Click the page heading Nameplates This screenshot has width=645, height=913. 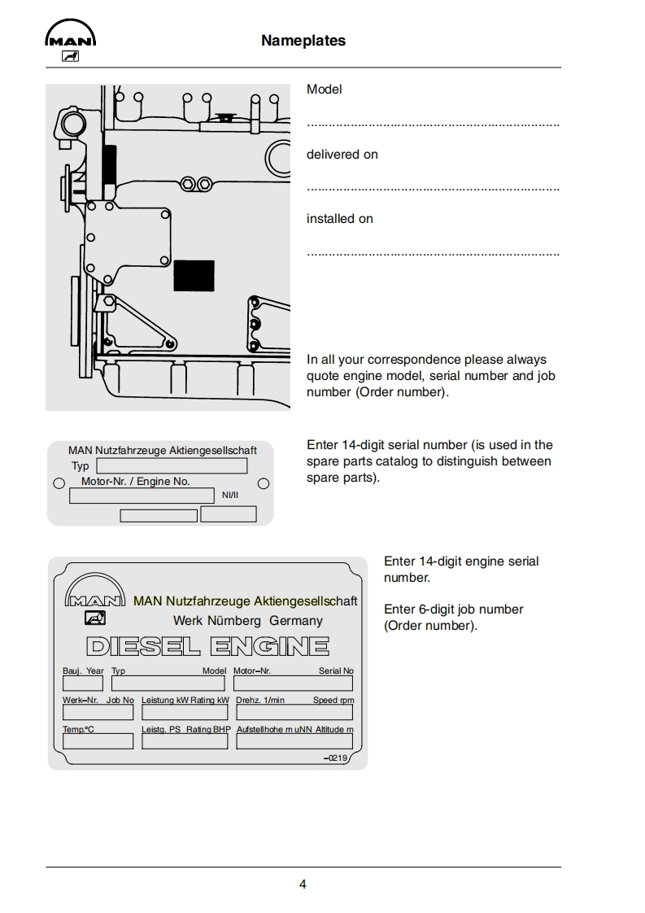tap(303, 41)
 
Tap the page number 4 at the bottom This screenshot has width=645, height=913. tap(303, 885)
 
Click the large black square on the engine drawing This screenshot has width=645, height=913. tap(194, 276)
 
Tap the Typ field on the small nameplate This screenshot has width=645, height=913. tap(172, 466)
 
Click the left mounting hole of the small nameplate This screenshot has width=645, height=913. tap(59, 483)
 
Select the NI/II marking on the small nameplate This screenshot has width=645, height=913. tap(230, 495)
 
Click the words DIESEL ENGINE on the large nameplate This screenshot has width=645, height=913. tap(207, 647)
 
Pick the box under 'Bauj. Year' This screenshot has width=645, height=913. tap(83, 684)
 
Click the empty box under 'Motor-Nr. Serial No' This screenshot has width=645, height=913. tap(293, 684)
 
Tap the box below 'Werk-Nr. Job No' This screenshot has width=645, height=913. tap(98, 713)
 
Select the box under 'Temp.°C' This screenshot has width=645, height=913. tap(98, 741)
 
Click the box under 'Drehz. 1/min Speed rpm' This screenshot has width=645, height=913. tap(294, 713)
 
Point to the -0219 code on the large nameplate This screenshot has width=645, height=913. tap(335, 758)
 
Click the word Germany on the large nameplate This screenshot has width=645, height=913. tap(296, 621)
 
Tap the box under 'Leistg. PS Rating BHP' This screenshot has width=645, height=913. tap(185, 741)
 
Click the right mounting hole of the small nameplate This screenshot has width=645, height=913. tap(264, 483)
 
